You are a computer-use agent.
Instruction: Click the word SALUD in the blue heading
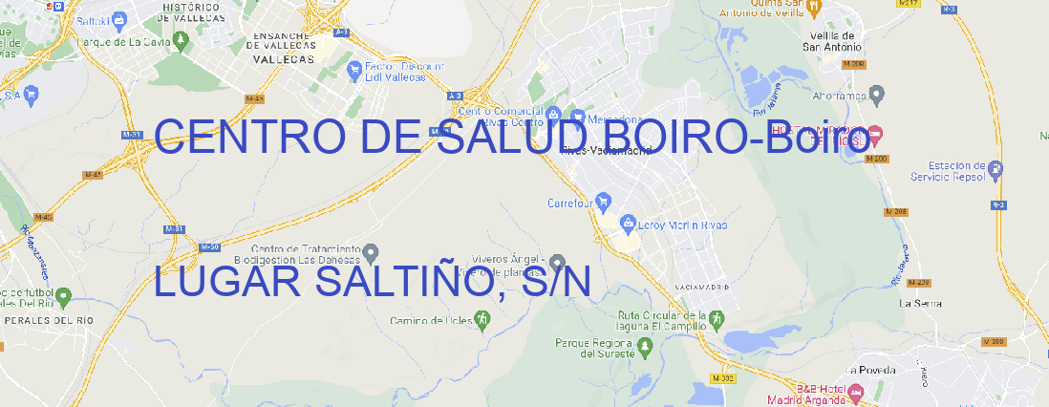coord(516,139)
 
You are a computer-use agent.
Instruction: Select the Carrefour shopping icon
coord(605,203)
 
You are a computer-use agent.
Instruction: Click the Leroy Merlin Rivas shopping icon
coord(628,225)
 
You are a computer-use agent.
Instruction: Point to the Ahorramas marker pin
coord(878,94)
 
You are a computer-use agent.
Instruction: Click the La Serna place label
coord(921,303)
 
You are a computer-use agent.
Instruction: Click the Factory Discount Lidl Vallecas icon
coord(355,69)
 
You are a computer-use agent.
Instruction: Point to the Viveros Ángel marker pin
coord(558,263)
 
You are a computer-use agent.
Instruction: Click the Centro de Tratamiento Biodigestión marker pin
coord(372,253)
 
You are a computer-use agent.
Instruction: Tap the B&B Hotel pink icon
coord(856,392)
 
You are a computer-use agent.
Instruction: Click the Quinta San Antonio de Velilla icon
coord(813,8)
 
